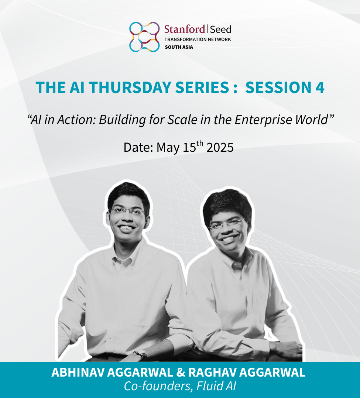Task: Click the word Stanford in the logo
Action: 185,29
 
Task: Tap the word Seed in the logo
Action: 221,30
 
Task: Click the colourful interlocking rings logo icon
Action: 144,37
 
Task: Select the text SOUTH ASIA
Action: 179,47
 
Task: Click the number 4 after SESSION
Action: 320,88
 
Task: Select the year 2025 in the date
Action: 220,147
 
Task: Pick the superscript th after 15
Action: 200,143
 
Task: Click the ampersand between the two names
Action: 181,373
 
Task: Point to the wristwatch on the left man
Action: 141,354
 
